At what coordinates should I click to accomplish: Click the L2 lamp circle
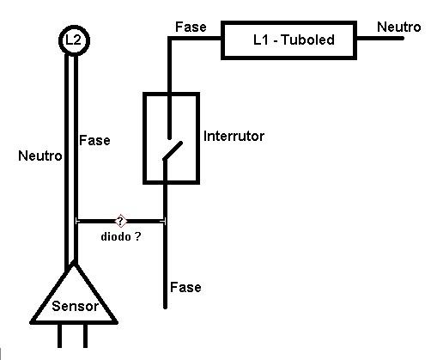tap(74, 28)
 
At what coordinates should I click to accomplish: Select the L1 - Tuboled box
tap(289, 22)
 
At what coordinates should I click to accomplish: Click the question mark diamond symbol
tap(120, 221)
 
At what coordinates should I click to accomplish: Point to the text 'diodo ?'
tap(121, 236)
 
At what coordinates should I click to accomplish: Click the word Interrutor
tap(234, 136)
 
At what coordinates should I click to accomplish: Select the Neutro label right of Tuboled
tap(399, 27)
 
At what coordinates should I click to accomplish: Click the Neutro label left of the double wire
tap(40, 156)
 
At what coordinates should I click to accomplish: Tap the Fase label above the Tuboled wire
tap(191, 27)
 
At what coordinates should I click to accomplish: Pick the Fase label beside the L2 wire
tap(94, 140)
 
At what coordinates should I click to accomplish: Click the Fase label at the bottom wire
tap(185, 287)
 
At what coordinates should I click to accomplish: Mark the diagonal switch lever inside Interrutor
tap(173, 150)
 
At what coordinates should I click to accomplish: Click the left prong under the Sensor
tap(59, 336)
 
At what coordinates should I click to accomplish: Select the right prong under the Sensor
tap(85, 336)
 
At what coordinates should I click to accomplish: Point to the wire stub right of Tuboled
tap(380, 38)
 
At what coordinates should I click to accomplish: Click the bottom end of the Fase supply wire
tap(165, 308)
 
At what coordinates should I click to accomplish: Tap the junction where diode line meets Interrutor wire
tap(165, 221)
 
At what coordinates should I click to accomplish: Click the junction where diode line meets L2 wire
tap(76, 221)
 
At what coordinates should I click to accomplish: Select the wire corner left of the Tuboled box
tap(169, 38)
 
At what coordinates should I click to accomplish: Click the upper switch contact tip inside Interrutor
tap(169, 138)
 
